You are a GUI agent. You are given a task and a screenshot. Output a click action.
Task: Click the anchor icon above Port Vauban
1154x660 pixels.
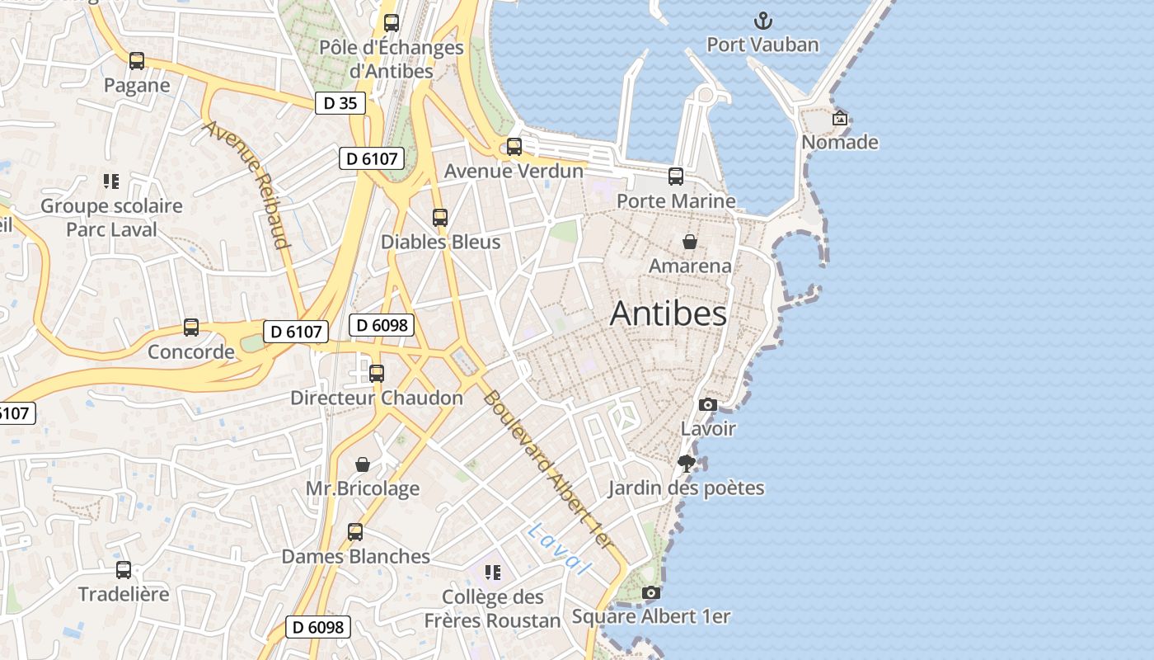[x=763, y=21]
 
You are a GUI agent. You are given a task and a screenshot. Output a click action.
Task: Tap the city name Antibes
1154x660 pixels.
[x=668, y=314]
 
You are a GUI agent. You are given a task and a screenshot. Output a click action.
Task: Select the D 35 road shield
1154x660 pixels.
[x=340, y=103]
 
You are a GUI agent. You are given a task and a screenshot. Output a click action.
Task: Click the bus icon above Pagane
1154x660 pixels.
[x=137, y=61]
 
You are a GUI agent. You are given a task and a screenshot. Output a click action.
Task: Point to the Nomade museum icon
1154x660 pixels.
[x=839, y=119]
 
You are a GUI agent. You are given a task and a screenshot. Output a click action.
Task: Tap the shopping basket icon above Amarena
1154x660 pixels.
[x=690, y=242]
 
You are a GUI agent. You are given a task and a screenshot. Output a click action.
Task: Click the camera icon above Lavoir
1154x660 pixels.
[x=707, y=404]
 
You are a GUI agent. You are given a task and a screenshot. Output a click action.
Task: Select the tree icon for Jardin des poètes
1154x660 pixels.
[x=686, y=464]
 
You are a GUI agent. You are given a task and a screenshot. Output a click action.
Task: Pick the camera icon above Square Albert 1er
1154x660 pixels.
[x=650, y=592]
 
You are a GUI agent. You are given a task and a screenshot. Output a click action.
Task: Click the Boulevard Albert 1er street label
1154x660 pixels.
[x=548, y=469]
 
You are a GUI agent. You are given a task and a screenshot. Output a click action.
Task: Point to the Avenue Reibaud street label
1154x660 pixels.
[x=247, y=185]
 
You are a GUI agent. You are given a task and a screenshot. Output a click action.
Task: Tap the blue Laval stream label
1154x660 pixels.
[x=561, y=549]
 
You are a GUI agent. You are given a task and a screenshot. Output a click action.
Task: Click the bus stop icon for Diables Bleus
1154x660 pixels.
[x=440, y=218]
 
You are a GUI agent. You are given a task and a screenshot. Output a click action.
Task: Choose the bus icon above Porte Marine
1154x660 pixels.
[x=676, y=177]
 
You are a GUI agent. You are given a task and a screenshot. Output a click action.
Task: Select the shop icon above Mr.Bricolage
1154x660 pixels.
[x=363, y=464]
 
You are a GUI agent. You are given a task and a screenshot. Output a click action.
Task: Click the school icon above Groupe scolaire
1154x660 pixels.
[x=111, y=181]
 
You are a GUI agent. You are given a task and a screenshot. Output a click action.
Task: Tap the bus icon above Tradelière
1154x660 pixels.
[x=124, y=570]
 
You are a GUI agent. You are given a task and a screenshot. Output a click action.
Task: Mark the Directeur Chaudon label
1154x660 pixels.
[x=377, y=398]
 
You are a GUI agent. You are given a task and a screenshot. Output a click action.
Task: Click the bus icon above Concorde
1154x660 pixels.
[x=191, y=328]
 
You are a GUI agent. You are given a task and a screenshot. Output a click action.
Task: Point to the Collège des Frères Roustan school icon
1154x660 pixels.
[x=493, y=573]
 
